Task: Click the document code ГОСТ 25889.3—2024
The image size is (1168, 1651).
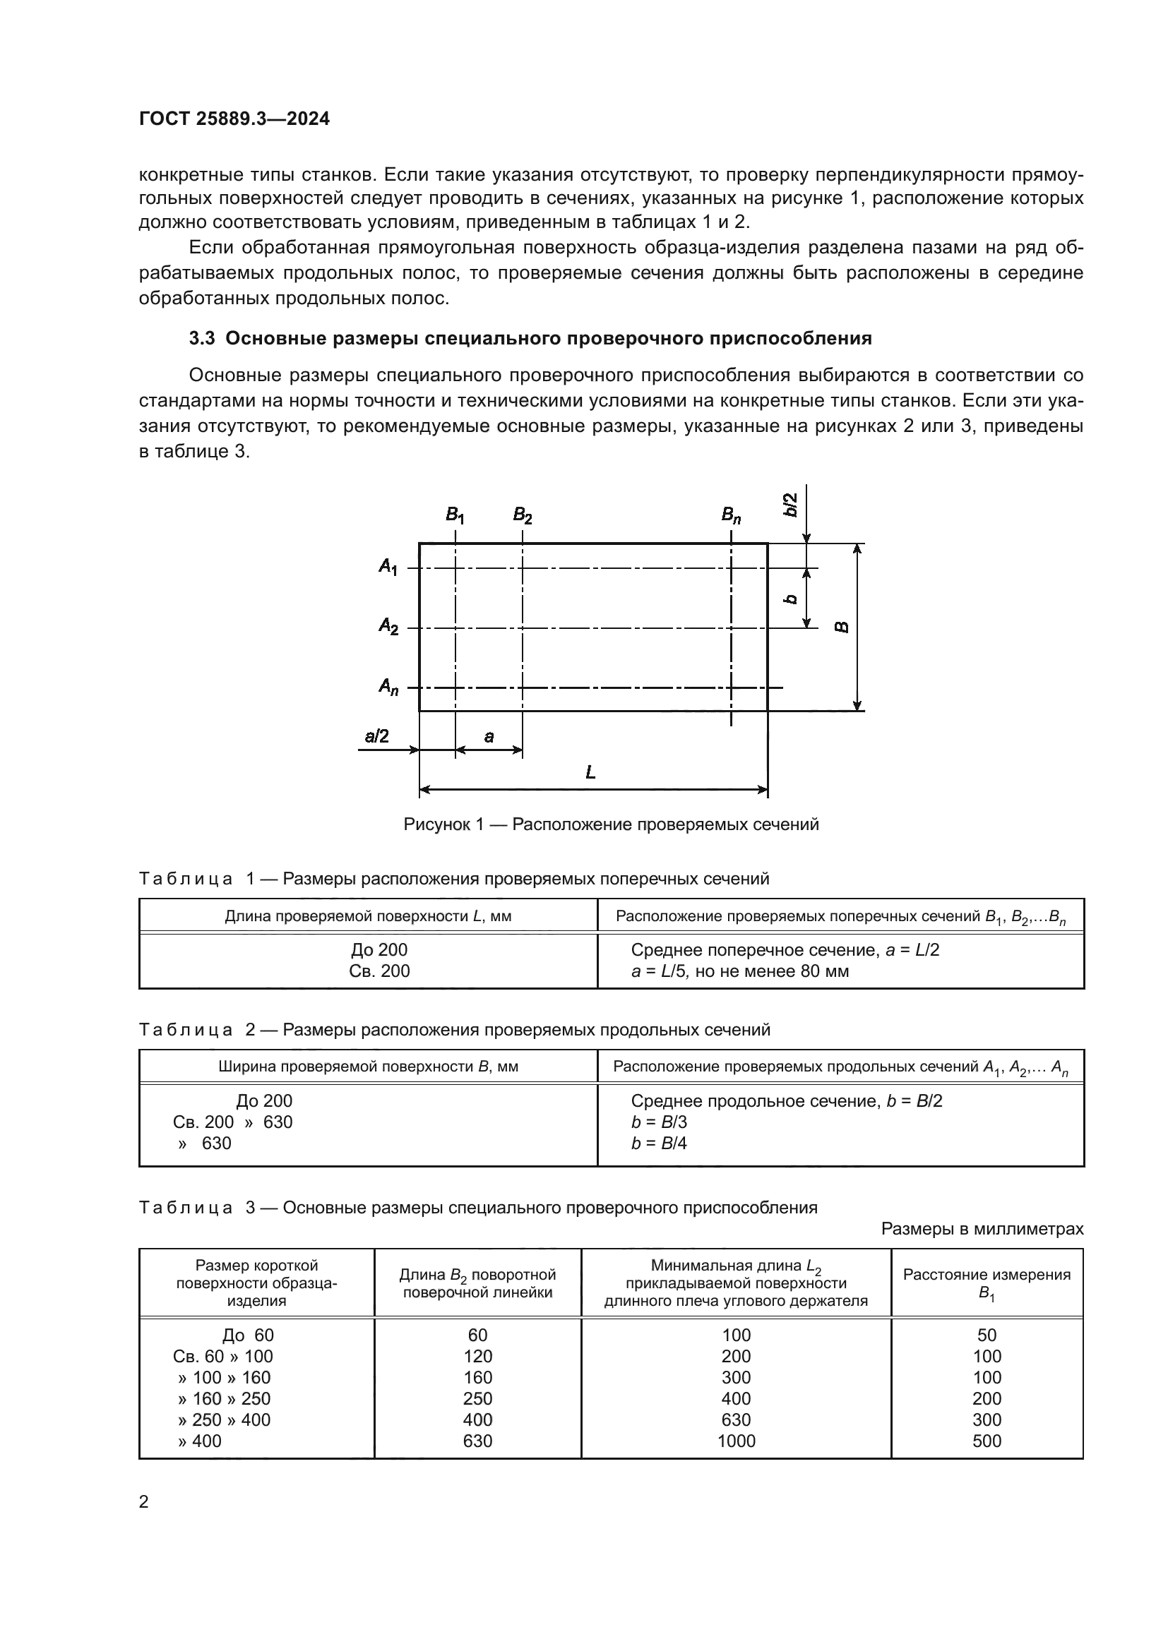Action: click(x=234, y=119)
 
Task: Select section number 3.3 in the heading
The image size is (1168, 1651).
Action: click(x=202, y=339)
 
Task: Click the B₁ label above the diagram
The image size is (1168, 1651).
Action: click(x=455, y=515)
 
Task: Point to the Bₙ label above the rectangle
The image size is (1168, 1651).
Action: click(x=731, y=515)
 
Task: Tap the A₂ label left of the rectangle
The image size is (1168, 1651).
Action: click(x=388, y=626)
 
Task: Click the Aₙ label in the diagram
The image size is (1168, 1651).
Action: click(x=388, y=687)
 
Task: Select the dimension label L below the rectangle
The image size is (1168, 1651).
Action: click(x=590, y=772)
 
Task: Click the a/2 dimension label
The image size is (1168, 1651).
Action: click(x=377, y=736)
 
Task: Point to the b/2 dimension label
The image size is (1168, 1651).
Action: click(x=790, y=505)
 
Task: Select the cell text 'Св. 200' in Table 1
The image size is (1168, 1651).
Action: click(x=379, y=971)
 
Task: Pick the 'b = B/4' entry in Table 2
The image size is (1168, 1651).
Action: click(x=659, y=1143)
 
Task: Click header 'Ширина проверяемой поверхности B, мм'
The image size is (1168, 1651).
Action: click(x=368, y=1067)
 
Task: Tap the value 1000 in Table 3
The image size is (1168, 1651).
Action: click(x=737, y=1441)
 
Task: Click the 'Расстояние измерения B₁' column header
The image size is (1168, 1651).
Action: click(x=987, y=1283)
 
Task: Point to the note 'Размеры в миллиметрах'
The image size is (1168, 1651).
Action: click(x=982, y=1229)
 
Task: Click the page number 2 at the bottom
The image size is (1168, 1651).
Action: click(x=144, y=1501)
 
